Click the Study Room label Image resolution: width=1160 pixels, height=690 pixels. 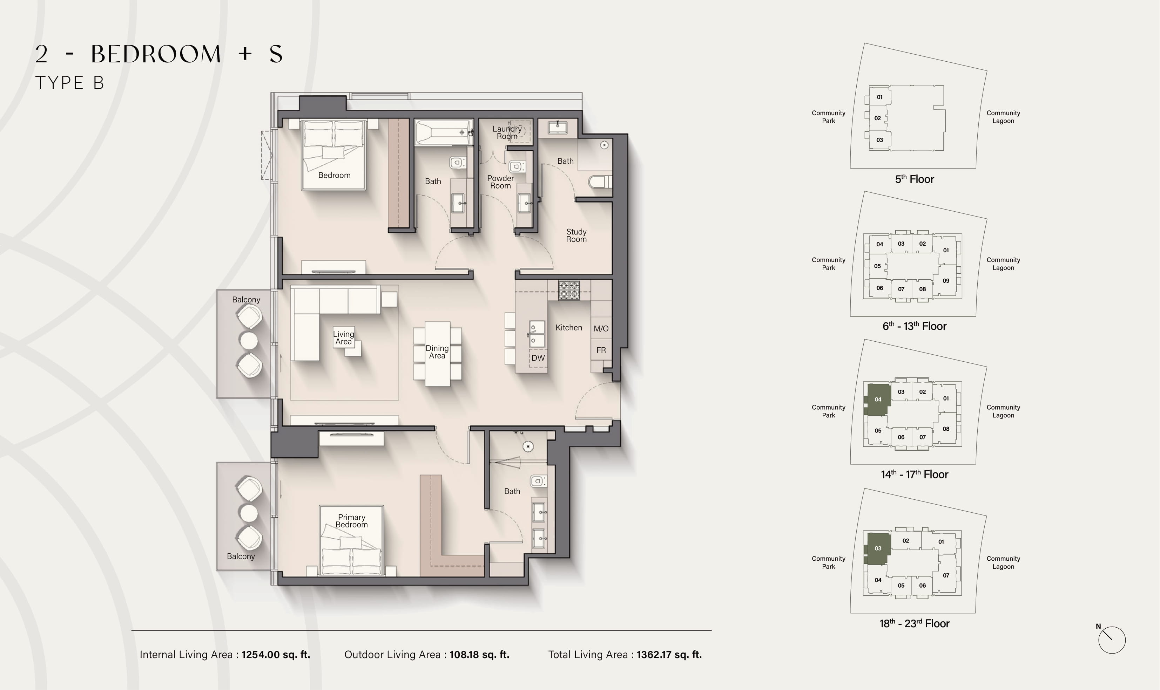[576, 235]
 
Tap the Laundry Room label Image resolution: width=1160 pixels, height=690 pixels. [507, 132]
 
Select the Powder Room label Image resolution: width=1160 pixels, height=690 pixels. [500, 182]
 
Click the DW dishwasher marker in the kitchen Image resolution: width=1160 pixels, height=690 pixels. [538, 358]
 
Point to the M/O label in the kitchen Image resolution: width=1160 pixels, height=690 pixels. [601, 329]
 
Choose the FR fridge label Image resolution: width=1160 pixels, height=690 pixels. [601, 350]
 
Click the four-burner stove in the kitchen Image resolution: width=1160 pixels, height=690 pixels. [569, 290]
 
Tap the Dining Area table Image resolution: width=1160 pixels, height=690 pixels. [437, 354]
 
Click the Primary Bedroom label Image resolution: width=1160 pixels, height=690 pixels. [352, 521]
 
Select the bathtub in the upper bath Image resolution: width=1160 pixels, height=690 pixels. [444, 132]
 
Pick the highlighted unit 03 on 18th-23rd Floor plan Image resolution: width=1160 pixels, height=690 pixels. [878, 548]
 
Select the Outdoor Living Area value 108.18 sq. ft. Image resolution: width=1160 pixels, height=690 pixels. [479, 655]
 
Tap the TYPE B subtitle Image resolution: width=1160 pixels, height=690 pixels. [70, 83]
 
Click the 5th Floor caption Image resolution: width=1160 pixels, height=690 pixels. [915, 179]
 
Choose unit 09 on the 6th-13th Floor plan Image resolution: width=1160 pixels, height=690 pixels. [946, 281]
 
